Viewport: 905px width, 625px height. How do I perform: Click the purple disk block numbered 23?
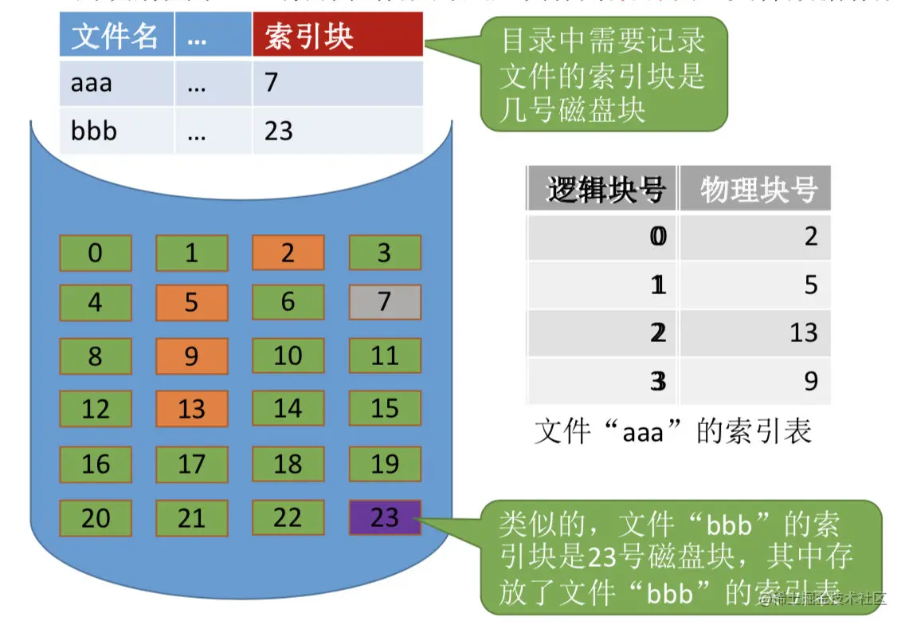coord(384,517)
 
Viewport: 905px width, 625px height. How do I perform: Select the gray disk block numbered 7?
coord(384,302)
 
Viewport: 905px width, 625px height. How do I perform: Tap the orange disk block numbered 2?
coord(288,253)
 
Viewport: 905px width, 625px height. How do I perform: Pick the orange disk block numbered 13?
coord(191,409)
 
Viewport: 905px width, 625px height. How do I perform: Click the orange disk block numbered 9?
coord(191,356)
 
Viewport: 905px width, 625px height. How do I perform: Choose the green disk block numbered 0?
coord(96,253)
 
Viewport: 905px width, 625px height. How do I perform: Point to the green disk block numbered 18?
coord(288,463)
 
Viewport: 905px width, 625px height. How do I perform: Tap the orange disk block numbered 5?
coord(191,302)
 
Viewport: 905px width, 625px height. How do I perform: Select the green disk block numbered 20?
coord(96,517)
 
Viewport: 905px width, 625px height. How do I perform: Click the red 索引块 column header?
coord(337,37)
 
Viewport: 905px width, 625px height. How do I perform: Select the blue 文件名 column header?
coord(116,37)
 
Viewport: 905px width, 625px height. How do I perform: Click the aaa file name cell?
coord(116,82)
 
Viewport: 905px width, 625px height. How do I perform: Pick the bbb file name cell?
coord(116,130)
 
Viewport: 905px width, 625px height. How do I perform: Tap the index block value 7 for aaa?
coord(337,82)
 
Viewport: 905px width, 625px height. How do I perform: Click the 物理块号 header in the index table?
coord(755,190)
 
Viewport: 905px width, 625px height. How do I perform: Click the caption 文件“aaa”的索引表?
coord(673,431)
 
